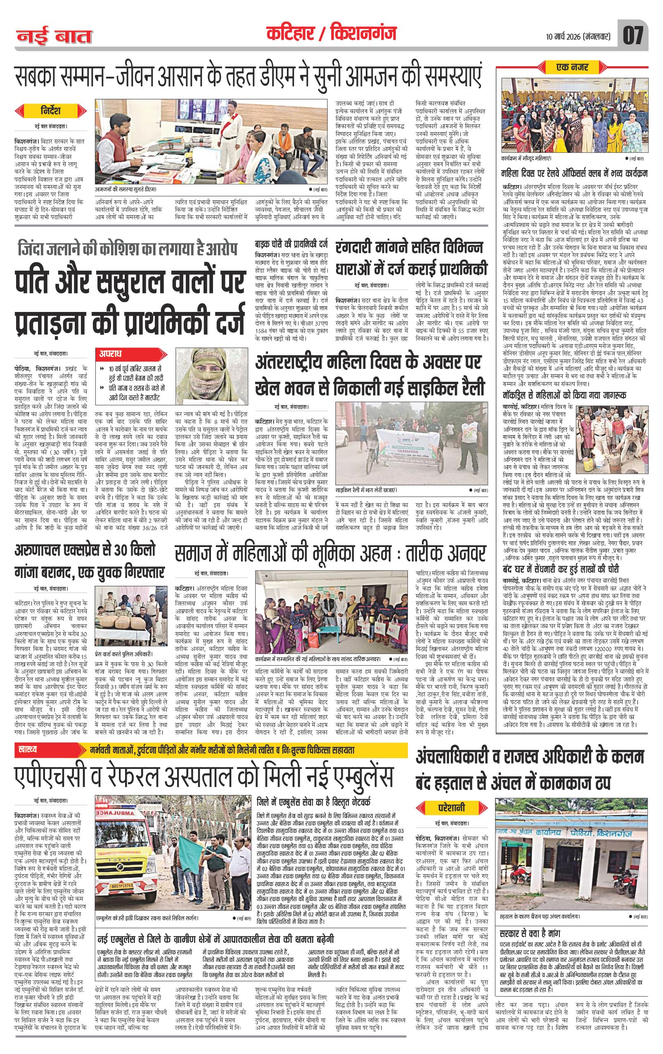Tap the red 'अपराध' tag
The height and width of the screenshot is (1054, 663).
[x=113, y=354]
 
